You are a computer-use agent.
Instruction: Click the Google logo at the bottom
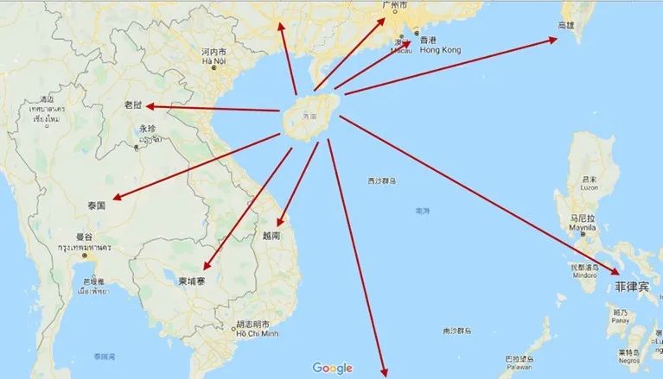pyautogui.click(x=332, y=368)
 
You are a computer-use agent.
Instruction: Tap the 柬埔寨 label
pyautogui.click(x=191, y=281)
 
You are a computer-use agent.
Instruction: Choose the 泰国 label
pyautogui.click(x=96, y=205)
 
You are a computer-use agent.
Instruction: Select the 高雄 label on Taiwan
pyautogui.click(x=566, y=26)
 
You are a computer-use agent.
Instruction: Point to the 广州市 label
pyautogui.click(x=394, y=5)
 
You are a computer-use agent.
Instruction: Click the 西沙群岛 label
pyautogui.click(x=382, y=181)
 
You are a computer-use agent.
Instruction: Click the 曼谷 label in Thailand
pyautogui.click(x=84, y=237)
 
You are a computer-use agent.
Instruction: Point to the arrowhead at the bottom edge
pyautogui.click(x=384, y=373)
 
